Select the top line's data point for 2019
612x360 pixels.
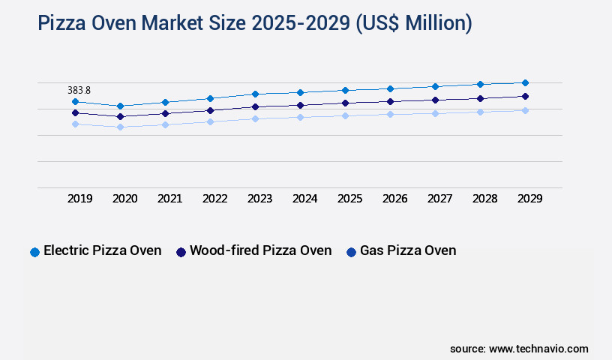(75, 101)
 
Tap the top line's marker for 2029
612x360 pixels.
(525, 82)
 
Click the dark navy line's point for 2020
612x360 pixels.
(120, 116)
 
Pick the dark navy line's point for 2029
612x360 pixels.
(525, 96)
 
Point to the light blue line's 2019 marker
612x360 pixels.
(75, 124)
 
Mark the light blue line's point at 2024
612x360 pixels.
(300, 117)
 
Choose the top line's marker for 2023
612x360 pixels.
(255, 94)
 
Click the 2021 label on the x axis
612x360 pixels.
(169, 199)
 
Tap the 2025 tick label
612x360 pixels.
(349, 199)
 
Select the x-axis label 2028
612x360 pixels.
(484, 199)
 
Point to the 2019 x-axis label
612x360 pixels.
(79, 199)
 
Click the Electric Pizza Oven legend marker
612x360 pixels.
(34, 252)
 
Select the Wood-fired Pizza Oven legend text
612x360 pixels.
(260, 250)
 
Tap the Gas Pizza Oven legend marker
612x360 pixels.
(351, 252)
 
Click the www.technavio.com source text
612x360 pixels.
(538, 349)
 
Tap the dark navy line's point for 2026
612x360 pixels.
(390, 101)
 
